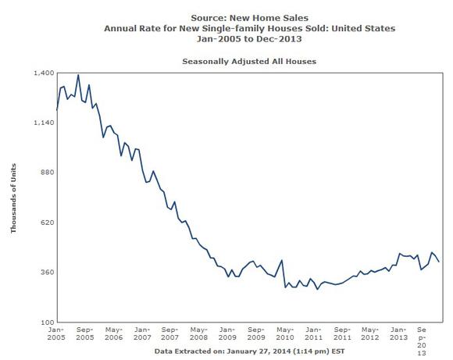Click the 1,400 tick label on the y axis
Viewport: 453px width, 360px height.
[44, 73]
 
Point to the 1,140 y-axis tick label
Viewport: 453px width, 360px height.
[44, 123]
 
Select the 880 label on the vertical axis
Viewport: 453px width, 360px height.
[48, 173]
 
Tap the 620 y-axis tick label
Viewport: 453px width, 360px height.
[48, 223]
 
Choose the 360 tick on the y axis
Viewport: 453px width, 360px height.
[48, 272]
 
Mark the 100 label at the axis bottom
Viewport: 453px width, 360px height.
[48, 322]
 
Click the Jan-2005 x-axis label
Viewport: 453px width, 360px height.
[56, 333]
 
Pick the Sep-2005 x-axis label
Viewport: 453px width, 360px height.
[85, 333]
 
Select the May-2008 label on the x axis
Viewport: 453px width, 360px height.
[198, 333]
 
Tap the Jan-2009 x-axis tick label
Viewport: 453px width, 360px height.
[227, 333]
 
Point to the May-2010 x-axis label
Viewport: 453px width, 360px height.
[285, 333]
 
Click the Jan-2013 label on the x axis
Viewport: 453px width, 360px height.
[398, 333]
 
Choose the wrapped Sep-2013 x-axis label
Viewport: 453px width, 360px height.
[422, 341]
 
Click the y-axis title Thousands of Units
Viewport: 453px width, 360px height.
[13, 198]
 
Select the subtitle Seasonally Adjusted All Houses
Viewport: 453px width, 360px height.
[249, 62]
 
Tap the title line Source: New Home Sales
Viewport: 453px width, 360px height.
[250, 18]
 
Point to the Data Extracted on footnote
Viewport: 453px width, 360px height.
[250, 351]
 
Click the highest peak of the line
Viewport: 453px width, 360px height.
[78, 75]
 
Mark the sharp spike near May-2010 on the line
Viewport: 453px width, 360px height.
[282, 260]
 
